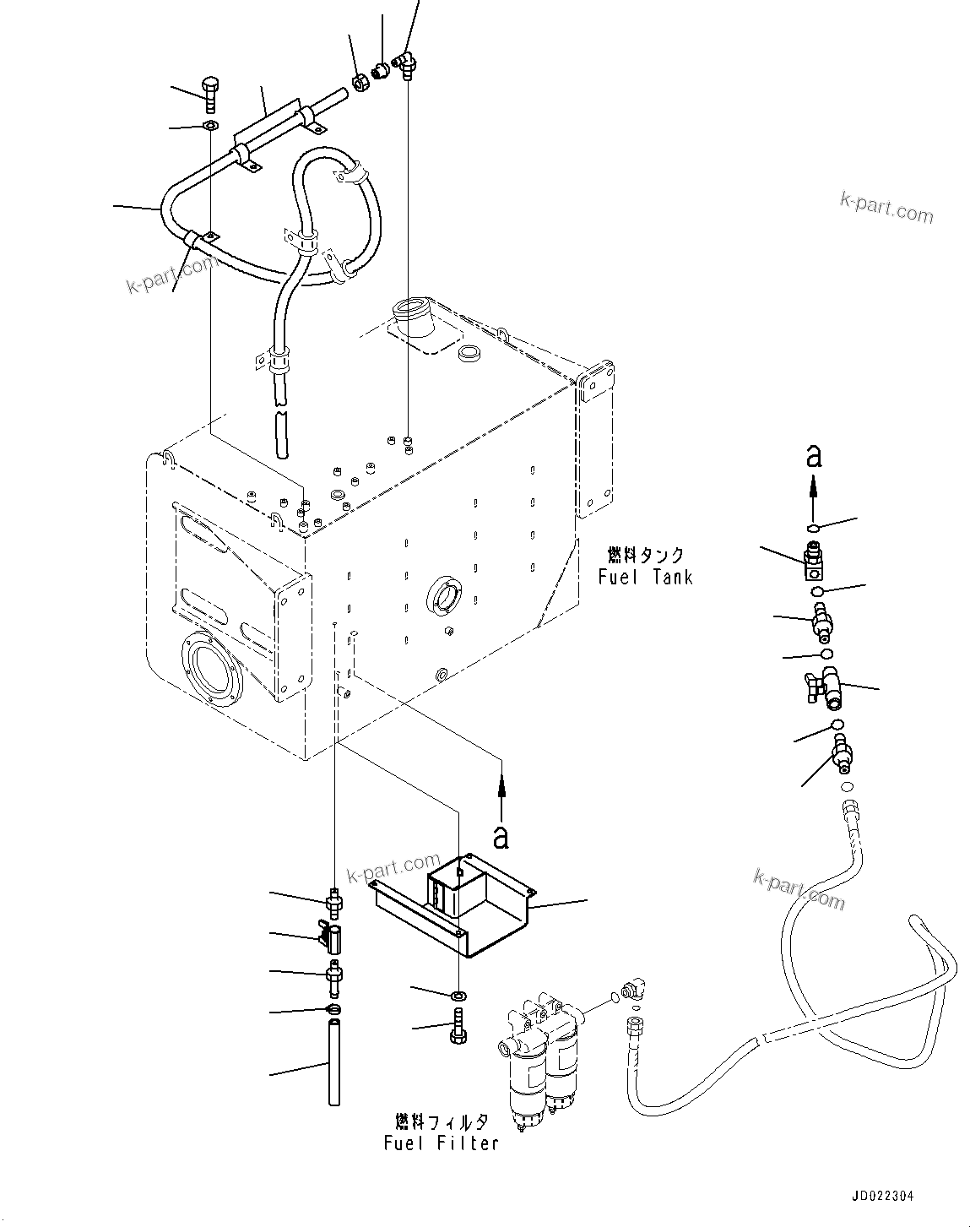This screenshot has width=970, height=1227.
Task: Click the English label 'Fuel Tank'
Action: tap(646, 577)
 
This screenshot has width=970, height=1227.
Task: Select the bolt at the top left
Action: tap(210, 94)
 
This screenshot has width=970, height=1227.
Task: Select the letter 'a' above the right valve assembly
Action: tap(813, 456)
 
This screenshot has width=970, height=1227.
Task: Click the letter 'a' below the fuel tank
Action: tap(501, 836)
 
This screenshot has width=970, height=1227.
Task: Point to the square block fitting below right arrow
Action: tap(814, 563)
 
